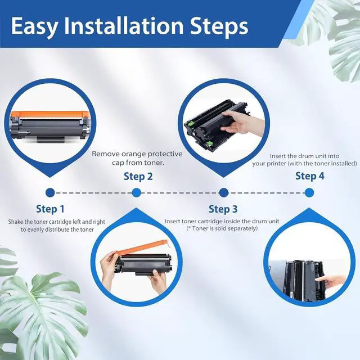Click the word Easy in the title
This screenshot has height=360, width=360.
click(x=34, y=26)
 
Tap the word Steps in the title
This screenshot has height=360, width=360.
click(x=219, y=27)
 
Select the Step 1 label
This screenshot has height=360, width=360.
click(x=50, y=209)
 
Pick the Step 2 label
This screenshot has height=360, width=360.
click(x=138, y=176)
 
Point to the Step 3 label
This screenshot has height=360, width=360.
click(x=223, y=209)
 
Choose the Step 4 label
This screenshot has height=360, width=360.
click(x=310, y=176)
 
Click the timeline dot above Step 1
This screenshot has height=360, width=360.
click(x=50, y=192)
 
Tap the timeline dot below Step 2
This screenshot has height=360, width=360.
click(x=136, y=192)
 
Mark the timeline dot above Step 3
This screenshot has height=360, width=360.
click(x=224, y=192)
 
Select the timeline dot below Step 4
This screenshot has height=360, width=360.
click(x=309, y=192)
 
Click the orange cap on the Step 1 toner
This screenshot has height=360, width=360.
click(x=50, y=114)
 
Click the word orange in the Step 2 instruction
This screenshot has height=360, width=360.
click(x=133, y=154)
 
